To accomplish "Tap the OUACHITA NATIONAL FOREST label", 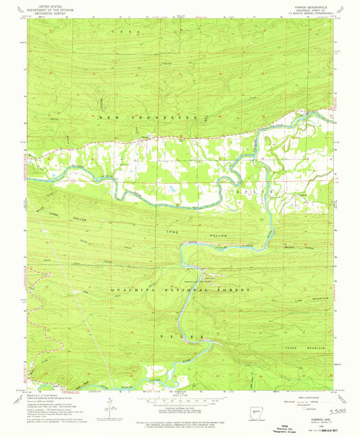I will (x=180, y=289).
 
